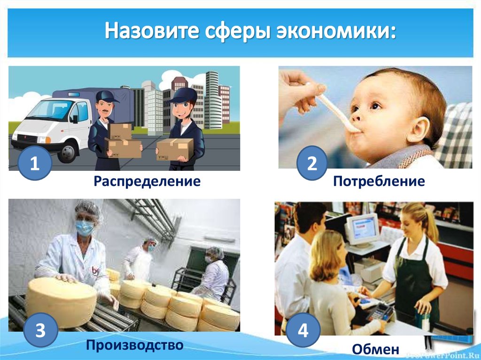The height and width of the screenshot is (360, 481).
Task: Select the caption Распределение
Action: pyautogui.click(x=147, y=181)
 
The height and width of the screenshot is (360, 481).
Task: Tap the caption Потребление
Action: pyautogui.click(x=379, y=181)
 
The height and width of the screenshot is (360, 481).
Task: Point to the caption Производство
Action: pyautogui.click(x=134, y=346)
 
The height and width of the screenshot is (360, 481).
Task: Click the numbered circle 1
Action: pyautogui.click(x=35, y=164)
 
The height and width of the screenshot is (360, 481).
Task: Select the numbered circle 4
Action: pyautogui.click(x=303, y=330)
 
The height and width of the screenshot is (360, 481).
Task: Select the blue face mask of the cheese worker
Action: pyautogui.click(x=85, y=228)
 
